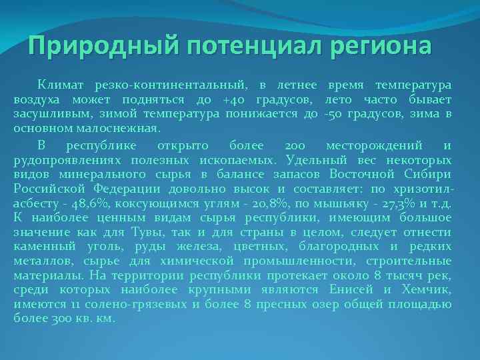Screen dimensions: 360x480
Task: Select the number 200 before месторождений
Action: (293, 145)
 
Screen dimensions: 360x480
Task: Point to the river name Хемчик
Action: (426, 289)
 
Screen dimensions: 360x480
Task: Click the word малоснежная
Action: (113, 128)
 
